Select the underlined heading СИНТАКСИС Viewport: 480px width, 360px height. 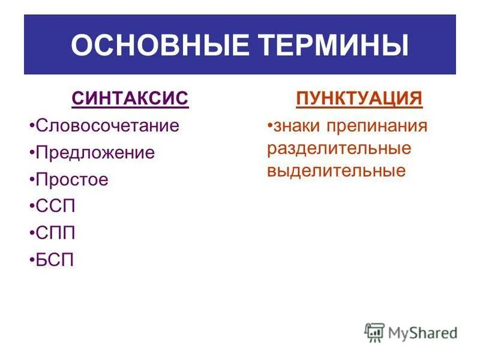(x=130, y=99)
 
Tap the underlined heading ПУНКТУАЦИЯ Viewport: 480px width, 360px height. (x=359, y=99)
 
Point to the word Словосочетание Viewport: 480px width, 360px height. (x=107, y=126)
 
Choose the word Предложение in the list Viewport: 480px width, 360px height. (x=95, y=152)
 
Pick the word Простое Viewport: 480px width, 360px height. (x=72, y=179)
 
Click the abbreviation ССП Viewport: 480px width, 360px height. (x=56, y=206)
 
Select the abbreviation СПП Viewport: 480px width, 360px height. (x=56, y=232)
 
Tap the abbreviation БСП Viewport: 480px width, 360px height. (x=56, y=259)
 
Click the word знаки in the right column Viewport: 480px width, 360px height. (x=290, y=127)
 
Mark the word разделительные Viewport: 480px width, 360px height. (x=339, y=148)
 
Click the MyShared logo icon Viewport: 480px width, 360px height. (x=374, y=332)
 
